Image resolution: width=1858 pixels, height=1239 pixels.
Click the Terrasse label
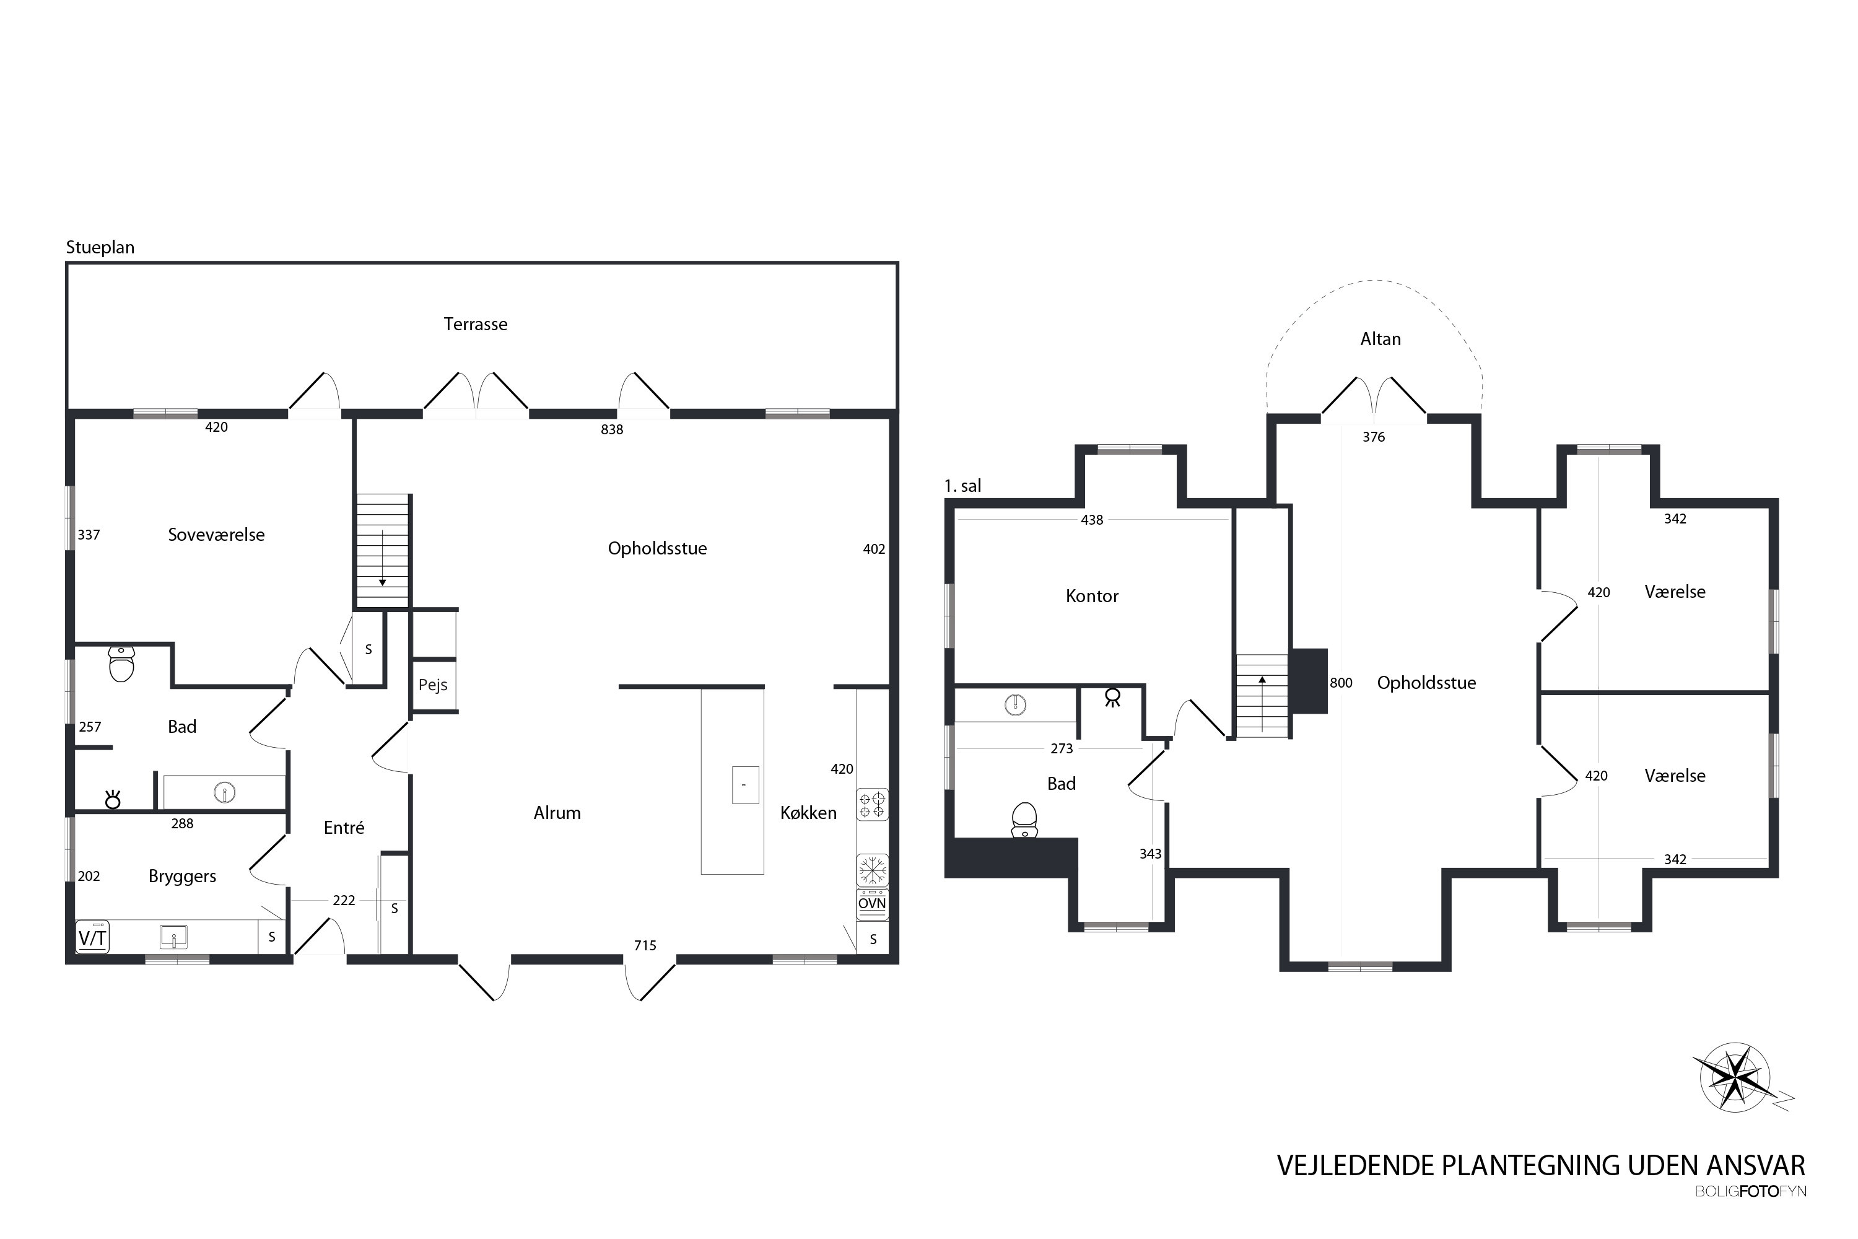pos(475,324)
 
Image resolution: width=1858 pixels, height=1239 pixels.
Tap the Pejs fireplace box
pos(434,685)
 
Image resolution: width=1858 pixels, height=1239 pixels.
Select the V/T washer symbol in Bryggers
pos(92,938)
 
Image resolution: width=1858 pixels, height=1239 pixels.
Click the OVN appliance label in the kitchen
pos(872,903)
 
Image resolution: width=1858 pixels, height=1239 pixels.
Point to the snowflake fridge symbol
pos(872,870)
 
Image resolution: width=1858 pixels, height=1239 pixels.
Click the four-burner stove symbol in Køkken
pos(872,805)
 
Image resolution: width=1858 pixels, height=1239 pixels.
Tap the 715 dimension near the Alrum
pos(645,946)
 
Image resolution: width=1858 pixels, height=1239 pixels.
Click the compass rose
pos(1735,1078)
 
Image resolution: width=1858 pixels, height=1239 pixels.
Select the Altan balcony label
pos(1380,339)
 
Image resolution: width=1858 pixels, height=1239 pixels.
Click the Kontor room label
pos(1092,596)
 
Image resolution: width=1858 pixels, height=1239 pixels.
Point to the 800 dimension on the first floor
pos(1341,683)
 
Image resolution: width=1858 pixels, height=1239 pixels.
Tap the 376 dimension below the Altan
pos(1373,437)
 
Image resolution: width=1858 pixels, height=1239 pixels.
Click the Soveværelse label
pos(216,535)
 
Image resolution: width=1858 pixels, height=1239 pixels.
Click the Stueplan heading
pos(100,247)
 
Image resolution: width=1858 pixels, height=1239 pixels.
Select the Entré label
pos(344,827)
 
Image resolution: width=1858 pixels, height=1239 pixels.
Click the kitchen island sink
pos(745,785)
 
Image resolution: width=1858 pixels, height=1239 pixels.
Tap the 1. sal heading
pos(962,486)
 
